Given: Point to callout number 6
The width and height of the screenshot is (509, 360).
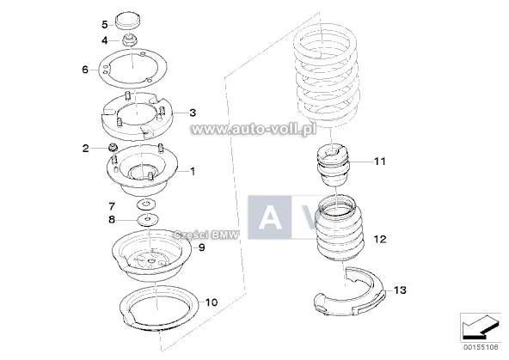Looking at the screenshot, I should click(x=85, y=70).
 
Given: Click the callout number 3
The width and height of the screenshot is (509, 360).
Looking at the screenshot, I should click(x=193, y=113).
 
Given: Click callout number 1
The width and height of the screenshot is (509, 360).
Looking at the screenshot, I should click(x=193, y=170).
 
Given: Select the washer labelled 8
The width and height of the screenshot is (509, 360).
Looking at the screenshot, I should click(x=147, y=221).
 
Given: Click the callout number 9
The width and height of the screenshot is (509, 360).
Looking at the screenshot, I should click(x=201, y=247).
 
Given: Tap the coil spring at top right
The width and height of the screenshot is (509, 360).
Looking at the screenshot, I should click(x=328, y=82).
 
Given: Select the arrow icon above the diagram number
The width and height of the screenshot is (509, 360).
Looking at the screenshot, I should click(x=479, y=326).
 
